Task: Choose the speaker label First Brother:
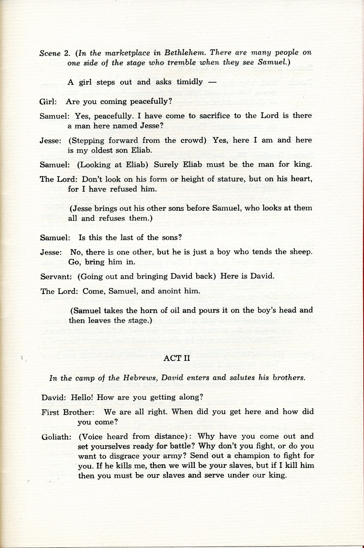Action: [68, 412]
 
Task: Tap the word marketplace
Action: [122, 53]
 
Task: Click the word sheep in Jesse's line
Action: [301, 252]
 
